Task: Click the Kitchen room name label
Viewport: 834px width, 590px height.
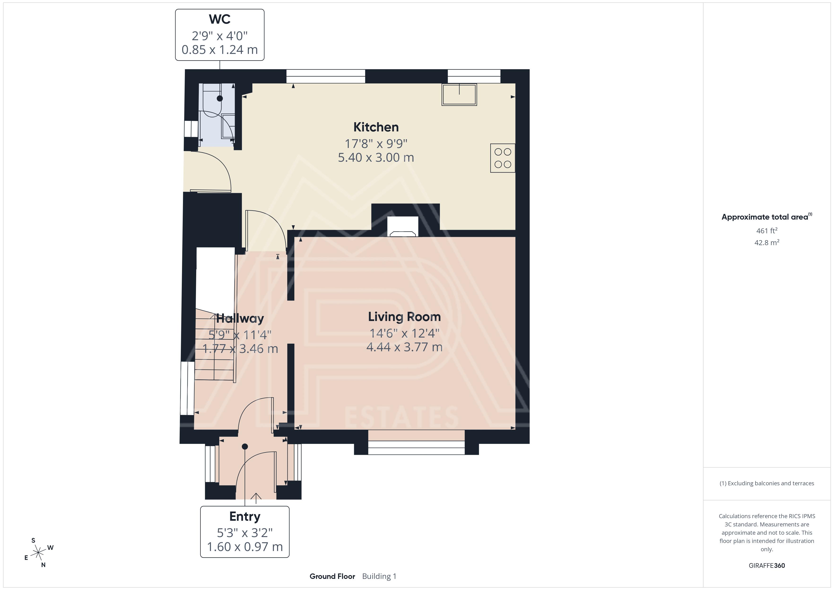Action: (x=376, y=127)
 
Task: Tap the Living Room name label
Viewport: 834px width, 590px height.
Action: (x=404, y=317)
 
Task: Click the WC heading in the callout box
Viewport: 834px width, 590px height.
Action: (x=220, y=19)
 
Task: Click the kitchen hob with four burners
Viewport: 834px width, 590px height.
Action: (x=503, y=158)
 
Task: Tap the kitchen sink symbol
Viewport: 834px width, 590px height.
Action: (x=459, y=95)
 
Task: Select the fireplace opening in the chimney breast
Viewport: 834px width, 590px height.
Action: (x=403, y=227)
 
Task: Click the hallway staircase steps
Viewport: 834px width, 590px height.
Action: (x=214, y=344)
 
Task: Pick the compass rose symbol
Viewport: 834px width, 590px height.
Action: (x=38, y=553)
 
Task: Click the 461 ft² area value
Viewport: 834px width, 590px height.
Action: (x=767, y=231)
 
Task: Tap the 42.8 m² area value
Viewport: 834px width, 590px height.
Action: (x=767, y=242)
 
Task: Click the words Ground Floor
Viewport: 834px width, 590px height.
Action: (x=332, y=577)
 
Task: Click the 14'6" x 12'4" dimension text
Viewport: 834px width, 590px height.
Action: (x=404, y=333)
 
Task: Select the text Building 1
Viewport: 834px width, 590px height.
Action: (x=379, y=577)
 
